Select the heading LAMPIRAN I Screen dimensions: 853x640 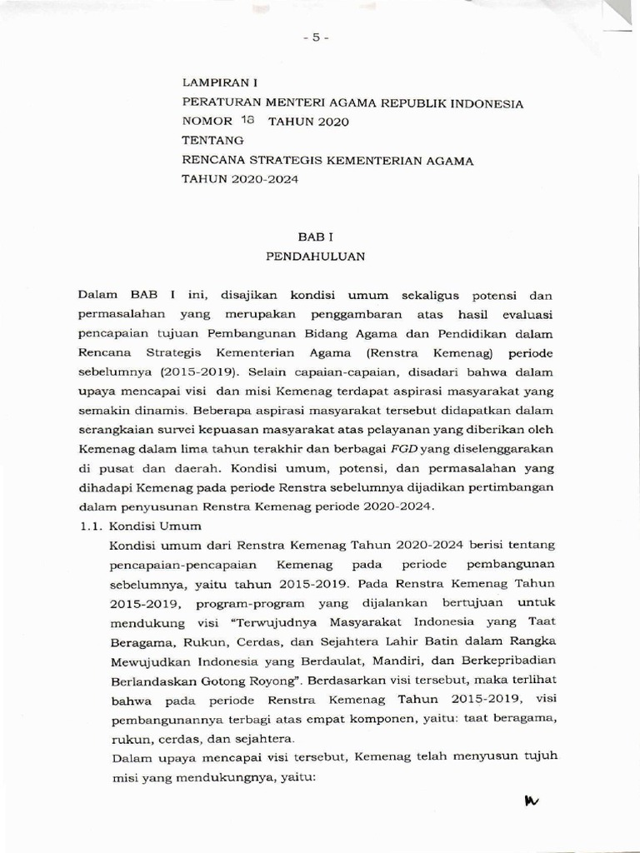[x=221, y=83]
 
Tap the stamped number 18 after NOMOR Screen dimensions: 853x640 [x=247, y=120]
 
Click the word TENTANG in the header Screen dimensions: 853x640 [x=213, y=140]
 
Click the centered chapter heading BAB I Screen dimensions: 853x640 [x=316, y=237]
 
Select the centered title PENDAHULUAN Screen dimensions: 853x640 [x=316, y=257]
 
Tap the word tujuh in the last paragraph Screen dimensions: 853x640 [x=542, y=756]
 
